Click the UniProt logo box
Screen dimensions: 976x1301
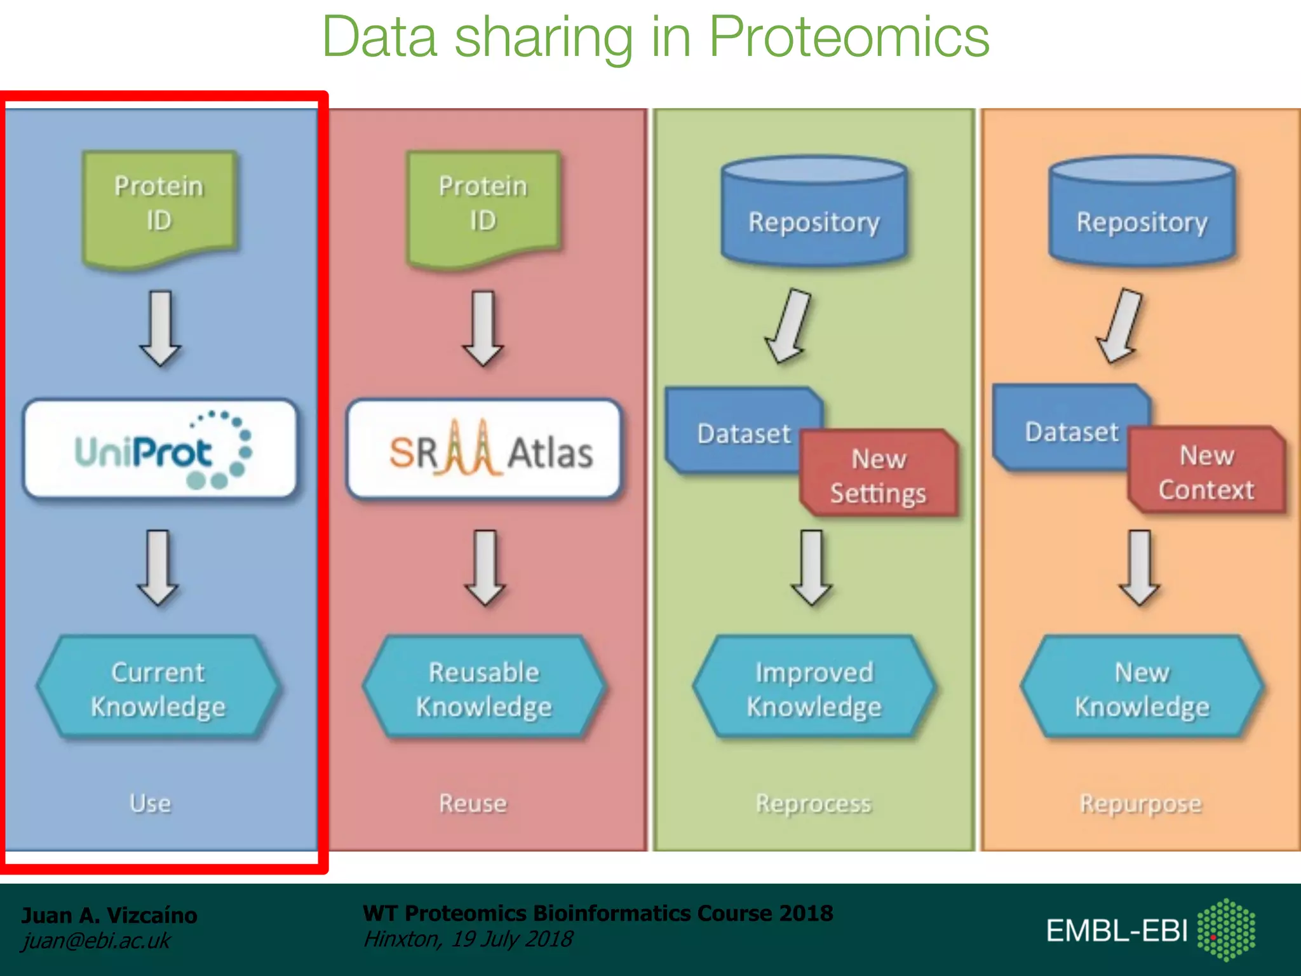coord(160,449)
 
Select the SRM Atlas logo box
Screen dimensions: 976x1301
coord(484,449)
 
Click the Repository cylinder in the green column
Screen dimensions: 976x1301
coord(814,213)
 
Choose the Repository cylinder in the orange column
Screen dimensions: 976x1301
coord(1142,213)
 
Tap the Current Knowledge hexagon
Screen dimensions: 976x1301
coord(158,688)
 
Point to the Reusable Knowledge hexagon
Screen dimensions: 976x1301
coord(484,688)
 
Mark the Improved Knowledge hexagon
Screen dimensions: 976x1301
coord(814,688)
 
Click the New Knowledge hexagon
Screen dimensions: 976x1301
coord(1142,688)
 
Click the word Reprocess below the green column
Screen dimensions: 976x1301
coord(813,804)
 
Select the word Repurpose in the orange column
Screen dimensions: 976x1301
coord(1141,804)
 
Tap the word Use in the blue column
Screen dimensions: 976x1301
coord(151,803)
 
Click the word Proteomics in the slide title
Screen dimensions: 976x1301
coord(849,37)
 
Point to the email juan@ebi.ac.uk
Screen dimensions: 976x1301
coord(96,940)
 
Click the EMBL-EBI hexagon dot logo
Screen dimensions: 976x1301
coord(1226,930)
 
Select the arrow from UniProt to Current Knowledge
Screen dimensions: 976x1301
coord(158,567)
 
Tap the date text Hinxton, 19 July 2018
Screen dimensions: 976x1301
coord(468,939)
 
